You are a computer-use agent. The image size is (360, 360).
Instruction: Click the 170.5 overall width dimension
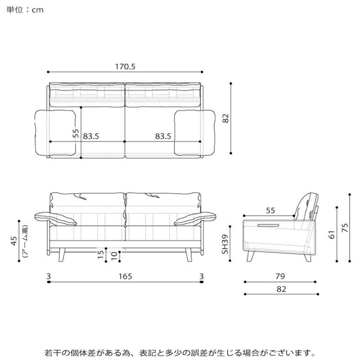tap(125, 66)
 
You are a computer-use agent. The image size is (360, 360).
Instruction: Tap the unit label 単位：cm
tap(25, 10)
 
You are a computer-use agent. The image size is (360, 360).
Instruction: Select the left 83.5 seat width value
tap(91, 136)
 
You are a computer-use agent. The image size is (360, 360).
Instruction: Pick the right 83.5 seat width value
tap(163, 136)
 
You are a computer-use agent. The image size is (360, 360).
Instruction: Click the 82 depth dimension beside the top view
tap(226, 118)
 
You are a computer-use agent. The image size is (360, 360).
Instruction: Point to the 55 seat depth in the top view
tap(76, 133)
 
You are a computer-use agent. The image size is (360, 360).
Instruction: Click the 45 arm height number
tap(14, 241)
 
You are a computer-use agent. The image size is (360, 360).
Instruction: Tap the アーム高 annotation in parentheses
tap(26, 241)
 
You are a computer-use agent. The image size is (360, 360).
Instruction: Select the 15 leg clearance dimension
tap(101, 255)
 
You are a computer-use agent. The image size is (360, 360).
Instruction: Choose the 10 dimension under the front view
tap(114, 256)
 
